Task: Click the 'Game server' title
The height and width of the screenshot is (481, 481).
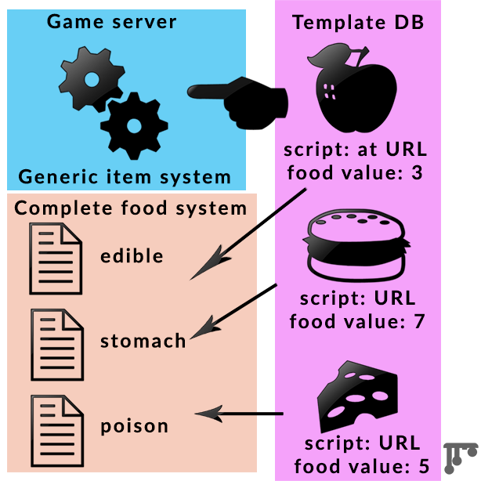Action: pyautogui.click(x=111, y=20)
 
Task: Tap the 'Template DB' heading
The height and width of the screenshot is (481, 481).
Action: pyautogui.click(x=358, y=22)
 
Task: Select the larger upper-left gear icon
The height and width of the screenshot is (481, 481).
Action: pyautogui.click(x=92, y=78)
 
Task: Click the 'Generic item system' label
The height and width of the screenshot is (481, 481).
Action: pyautogui.click(x=125, y=176)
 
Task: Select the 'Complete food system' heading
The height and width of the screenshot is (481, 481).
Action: pyautogui.click(x=131, y=208)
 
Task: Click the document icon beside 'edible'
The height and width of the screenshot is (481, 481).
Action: pyautogui.click(x=56, y=257)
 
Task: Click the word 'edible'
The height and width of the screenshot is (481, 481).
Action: pyautogui.click(x=132, y=256)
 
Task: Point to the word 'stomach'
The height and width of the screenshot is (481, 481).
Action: pyautogui.click(x=143, y=341)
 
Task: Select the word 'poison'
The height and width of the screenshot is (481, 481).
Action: pyautogui.click(x=134, y=427)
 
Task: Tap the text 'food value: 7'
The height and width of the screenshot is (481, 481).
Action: pyautogui.click(x=356, y=321)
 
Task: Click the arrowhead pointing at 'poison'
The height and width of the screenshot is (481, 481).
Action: pyautogui.click(x=205, y=413)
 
